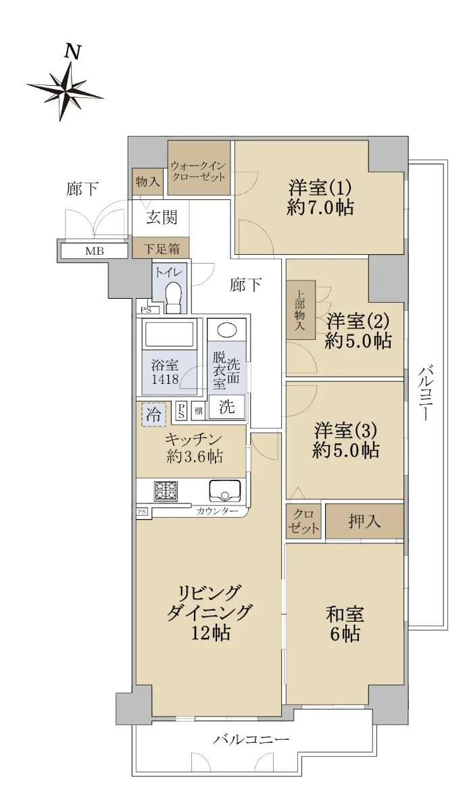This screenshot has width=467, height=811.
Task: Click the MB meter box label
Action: [x=95, y=251]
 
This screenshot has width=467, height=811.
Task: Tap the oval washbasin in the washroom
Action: [x=227, y=330]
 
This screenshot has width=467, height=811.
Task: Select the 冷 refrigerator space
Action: [x=153, y=414]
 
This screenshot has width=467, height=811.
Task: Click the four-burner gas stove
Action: [x=166, y=491]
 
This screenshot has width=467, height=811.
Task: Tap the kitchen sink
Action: [x=225, y=491]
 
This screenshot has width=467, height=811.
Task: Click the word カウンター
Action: [x=217, y=511]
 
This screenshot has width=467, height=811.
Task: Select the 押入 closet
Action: [x=364, y=521]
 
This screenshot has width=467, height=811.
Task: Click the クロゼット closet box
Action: [x=303, y=521]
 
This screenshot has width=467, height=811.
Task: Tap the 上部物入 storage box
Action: [x=301, y=310]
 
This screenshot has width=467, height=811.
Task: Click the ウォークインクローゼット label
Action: [x=198, y=172]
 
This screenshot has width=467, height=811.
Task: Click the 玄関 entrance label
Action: [x=162, y=218]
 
